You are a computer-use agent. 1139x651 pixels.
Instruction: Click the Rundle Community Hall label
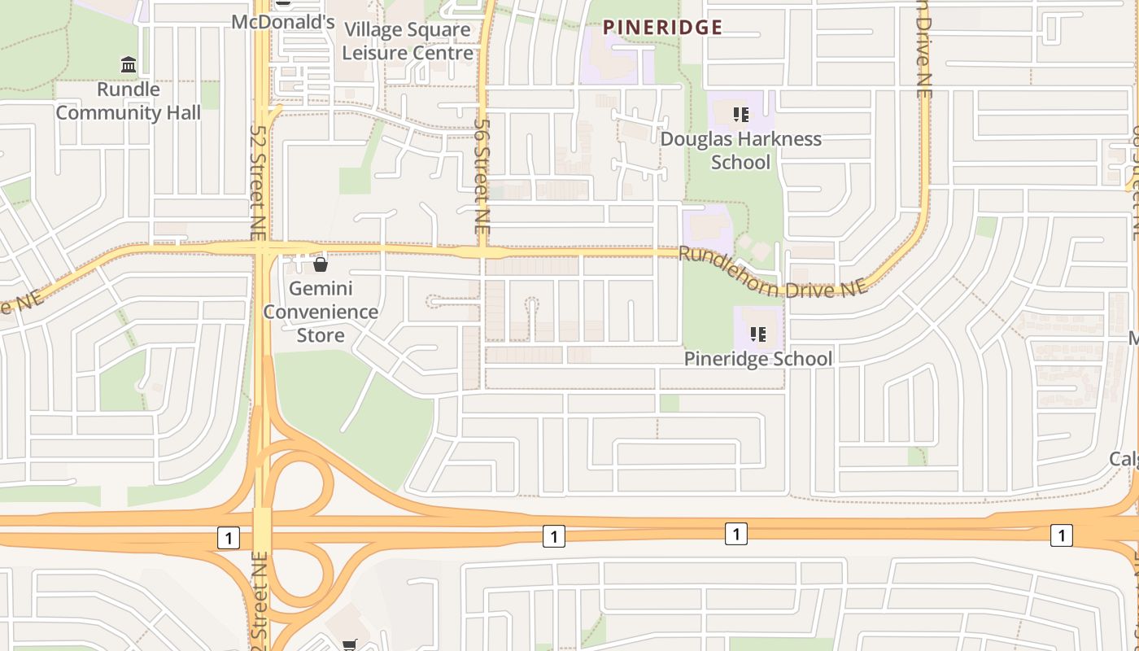[128, 101]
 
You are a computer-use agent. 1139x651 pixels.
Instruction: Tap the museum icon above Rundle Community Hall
[128, 64]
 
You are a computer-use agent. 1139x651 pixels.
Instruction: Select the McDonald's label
[283, 22]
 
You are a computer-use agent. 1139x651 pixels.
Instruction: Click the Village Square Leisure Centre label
[407, 42]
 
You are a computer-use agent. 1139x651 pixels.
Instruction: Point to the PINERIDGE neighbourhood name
[662, 28]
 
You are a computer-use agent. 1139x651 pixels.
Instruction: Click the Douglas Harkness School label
[740, 151]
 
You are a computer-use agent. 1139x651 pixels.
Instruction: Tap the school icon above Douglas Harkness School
[740, 114]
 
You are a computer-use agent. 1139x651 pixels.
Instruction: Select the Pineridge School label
[757, 359]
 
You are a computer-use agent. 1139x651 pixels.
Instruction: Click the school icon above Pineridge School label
[758, 334]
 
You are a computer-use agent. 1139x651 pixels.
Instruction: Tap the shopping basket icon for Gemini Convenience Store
[321, 264]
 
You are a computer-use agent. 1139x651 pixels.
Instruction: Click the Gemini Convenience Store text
[321, 312]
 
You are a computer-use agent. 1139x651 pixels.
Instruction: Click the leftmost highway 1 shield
[229, 537]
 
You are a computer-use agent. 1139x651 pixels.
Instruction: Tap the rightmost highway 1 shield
[1061, 535]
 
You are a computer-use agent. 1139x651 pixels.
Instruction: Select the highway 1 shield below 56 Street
[553, 535]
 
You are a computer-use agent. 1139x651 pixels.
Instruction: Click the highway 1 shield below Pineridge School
[735, 533]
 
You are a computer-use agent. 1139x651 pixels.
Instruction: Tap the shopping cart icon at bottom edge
[349, 645]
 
